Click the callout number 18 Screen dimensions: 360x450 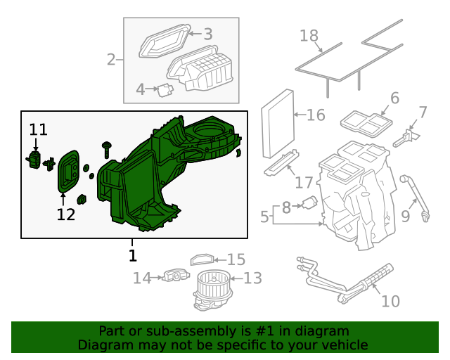[310, 35]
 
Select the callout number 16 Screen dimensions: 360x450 [316, 115]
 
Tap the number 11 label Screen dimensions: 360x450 [38, 129]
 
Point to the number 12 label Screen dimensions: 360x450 [65, 214]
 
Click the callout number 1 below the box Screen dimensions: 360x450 [132, 255]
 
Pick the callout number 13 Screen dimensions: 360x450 [252, 279]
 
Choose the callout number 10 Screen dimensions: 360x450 [390, 302]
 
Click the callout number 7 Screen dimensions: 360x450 [423, 112]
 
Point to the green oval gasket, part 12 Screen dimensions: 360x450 [67, 172]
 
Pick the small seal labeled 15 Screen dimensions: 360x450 [201, 259]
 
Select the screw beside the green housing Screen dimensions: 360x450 [107, 148]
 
